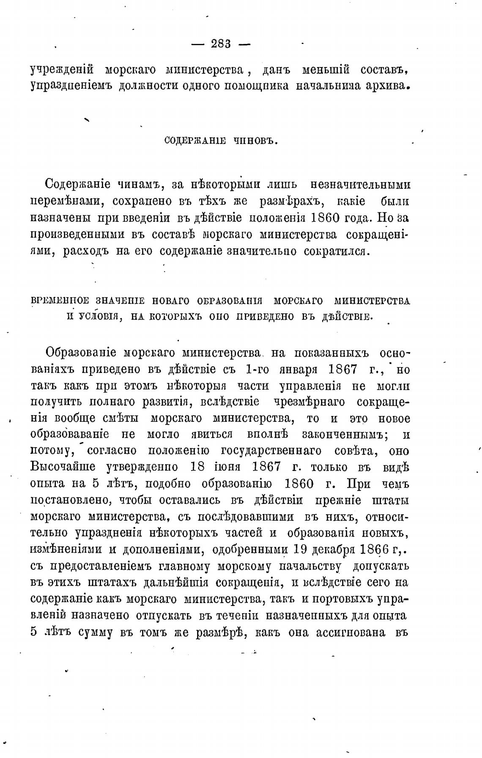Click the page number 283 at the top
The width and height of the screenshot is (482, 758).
point(220,43)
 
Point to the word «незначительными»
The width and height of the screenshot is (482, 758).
point(360,185)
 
